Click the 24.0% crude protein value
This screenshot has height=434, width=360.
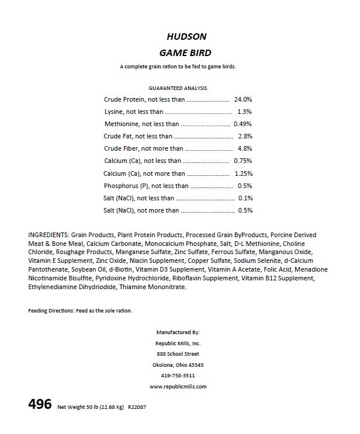coord(243,100)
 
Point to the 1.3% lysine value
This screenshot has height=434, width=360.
coord(245,112)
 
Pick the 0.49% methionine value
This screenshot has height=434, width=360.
coord(243,124)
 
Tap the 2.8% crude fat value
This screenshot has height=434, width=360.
coord(245,136)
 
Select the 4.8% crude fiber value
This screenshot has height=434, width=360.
coord(245,148)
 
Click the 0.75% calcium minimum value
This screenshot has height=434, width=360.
coord(243,161)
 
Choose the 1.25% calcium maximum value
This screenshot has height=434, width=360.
coord(243,173)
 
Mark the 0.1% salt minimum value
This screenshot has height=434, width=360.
coord(245,198)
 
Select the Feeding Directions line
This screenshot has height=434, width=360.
coord(80,310)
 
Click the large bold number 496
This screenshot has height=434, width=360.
coord(39,404)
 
